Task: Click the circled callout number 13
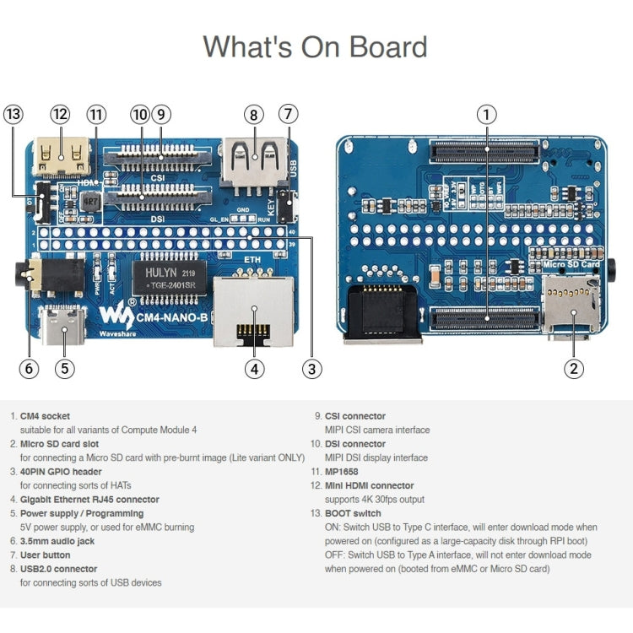(x=14, y=114)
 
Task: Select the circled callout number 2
(x=574, y=367)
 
